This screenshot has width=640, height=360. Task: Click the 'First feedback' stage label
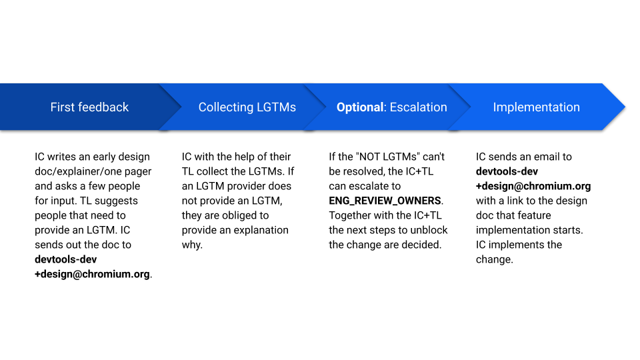click(x=89, y=107)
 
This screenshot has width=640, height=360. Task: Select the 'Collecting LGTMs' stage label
click(x=247, y=107)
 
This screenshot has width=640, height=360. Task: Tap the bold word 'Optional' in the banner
click(x=360, y=107)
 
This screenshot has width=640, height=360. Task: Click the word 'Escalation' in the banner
click(x=419, y=107)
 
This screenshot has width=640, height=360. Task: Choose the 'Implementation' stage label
click(x=536, y=107)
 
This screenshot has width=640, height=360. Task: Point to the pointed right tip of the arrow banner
click(x=625, y=107)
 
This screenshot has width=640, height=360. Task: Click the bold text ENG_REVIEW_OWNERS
click(x=385, y=201)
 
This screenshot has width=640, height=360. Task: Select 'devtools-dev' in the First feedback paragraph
click(x=66, y=259)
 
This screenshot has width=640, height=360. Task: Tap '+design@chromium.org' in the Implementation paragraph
click(x=533, y=186)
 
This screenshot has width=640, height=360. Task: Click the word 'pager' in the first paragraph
click(x=138, y=172)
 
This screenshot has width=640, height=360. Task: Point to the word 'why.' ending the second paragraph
click(x=192, y=245)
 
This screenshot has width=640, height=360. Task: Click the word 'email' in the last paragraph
click(x=546, y=157)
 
